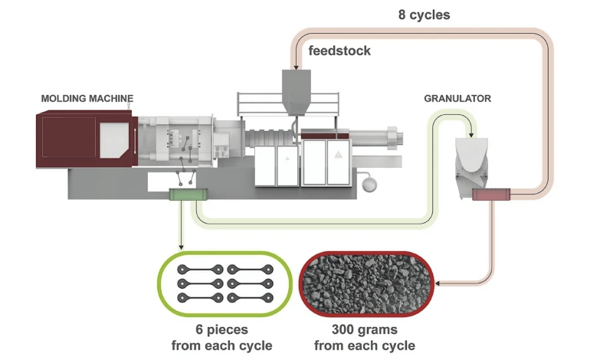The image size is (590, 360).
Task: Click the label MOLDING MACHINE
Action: click(x=87, y=99)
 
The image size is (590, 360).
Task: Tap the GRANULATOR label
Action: click(x=457, y=99)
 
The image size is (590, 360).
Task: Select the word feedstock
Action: click(x=339, y=51)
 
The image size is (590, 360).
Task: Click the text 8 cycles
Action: click(x=424, y=15)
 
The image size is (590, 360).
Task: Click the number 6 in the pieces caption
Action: click(x=199, y=329)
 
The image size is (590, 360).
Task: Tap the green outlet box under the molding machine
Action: click(x=188, y=195)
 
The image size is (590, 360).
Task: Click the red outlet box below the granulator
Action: click(x=491, y=195)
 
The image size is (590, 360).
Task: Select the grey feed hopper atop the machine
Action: click(x=297, y=92)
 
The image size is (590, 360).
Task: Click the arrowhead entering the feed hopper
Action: click(x=296, y=67)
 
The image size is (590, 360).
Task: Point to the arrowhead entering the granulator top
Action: click(x=471, y=134)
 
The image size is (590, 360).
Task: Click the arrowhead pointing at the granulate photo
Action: click(x=438, y=283)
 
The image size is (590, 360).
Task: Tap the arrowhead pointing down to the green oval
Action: click(x=181, y=247)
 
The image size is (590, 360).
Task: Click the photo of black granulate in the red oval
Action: click(x=366, y=284)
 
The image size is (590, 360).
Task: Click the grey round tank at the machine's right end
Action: click(x=369, y=185)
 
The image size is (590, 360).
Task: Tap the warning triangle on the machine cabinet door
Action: click(x=338, y=154)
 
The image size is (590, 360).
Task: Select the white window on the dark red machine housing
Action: click(x=114, y=140)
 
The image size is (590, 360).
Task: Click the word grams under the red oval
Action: click(x=379, y=330)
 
